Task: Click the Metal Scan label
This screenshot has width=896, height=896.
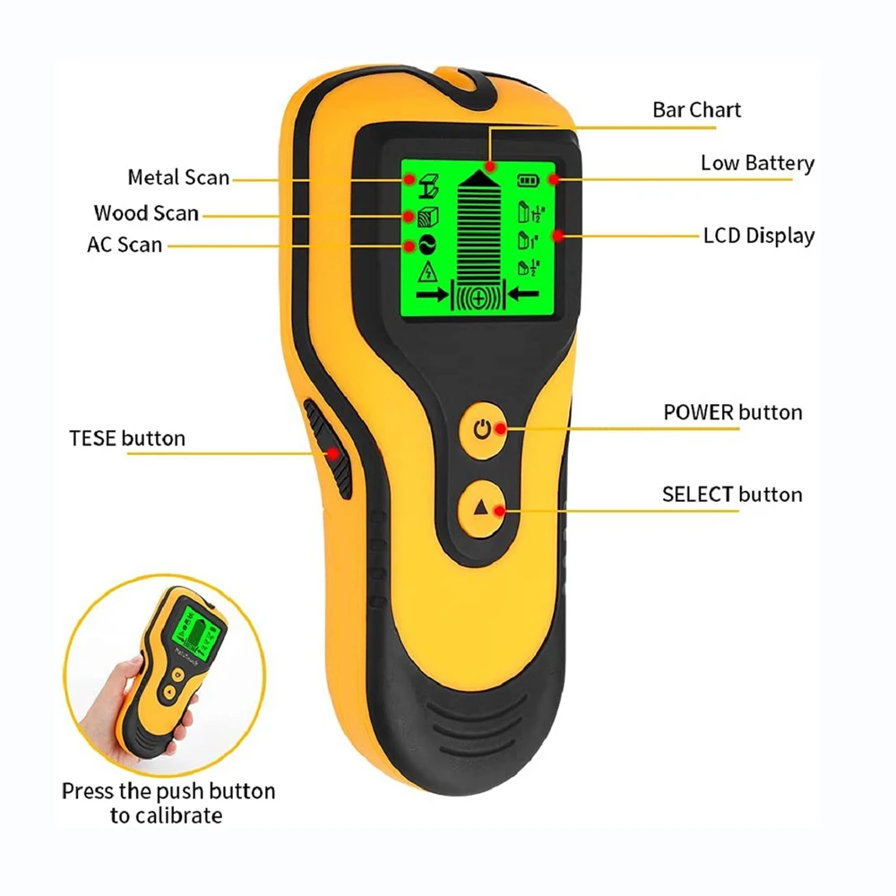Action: (x=178, y=177)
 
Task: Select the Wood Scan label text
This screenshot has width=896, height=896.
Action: (x=146, y=213)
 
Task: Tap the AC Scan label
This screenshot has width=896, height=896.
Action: (x=125, y=245)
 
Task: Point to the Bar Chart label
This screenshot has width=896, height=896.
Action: (x=696, y=110)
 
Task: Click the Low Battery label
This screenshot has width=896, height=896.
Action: (x=757, y=163)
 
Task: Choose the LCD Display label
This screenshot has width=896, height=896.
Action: (x=759, y=236)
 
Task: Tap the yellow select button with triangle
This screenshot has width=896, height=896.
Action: (x=482, y=508)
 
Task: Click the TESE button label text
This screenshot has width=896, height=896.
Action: (x=127, y=438)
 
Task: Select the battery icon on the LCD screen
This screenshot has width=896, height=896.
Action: (x=527, y=180)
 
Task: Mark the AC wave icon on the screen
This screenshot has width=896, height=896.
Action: (x=427, y=244)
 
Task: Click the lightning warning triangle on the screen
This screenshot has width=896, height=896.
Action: (x=427, y=271)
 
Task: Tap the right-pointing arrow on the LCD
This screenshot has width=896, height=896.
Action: (x=432, y=296)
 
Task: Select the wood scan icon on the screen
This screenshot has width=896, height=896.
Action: (x=428, y=216)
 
